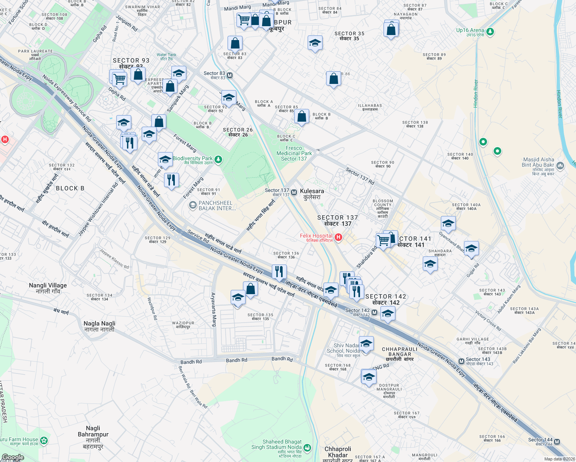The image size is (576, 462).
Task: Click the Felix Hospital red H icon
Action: (x=338, y=237)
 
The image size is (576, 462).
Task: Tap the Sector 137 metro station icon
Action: (x=294, y=192)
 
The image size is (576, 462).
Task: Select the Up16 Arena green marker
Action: (x=490, y=32)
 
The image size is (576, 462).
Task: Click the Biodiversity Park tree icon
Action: (x=218, y=159)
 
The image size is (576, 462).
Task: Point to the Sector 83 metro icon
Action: (x=230, y=75)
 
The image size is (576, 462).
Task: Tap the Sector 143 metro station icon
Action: (x=461, y=361)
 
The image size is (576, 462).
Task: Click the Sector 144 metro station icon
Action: (x=557, y=442)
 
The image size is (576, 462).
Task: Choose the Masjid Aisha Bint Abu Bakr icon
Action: (x=560, y=166)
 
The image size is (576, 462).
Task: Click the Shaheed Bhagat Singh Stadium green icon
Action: (x=307, y=447)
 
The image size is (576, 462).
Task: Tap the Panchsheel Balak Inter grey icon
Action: (x=193, y=206)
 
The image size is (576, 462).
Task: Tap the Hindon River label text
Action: (x=476, y=94)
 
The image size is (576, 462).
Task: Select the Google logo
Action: (x=13, y=457)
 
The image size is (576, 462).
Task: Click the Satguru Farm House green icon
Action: (x=44, y=440)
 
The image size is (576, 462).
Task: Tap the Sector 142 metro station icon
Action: (x=374, y=312)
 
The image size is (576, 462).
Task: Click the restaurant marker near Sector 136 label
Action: (x=279, y=271)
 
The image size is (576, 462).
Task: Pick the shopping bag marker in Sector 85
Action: (x=302, y=116)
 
